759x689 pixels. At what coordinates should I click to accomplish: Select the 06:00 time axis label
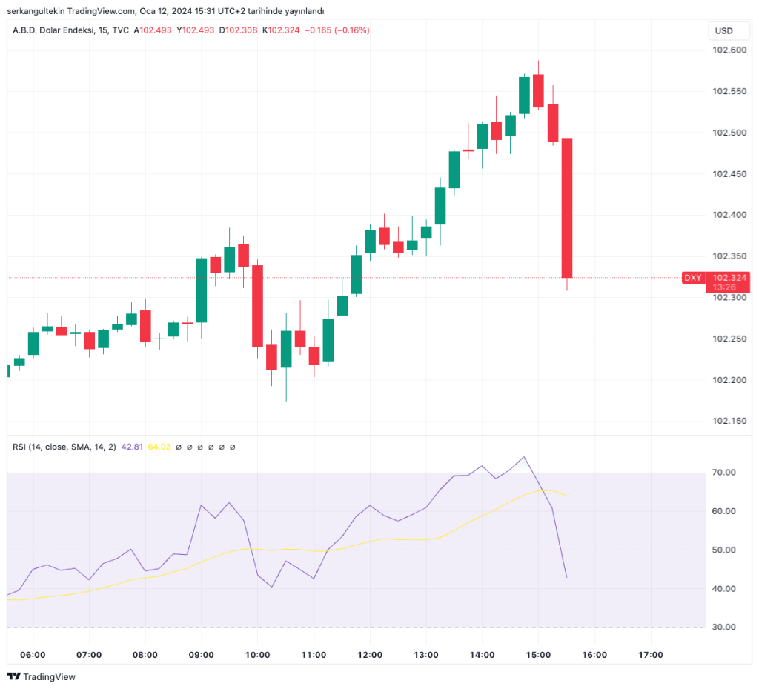[x=33, y=655]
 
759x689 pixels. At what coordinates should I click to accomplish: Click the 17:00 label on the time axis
[x=650, y=655]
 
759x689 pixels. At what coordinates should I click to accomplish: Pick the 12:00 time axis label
[x=370, y=655]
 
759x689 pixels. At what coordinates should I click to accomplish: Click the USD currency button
[x=723, y=30]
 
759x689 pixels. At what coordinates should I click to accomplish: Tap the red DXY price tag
[x=692, y=278]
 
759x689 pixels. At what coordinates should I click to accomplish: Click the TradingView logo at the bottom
[x=42, y=676]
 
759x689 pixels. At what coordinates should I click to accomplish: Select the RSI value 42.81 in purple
[x=132, y=447]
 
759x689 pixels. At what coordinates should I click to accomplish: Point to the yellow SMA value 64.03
[x=159, y=447]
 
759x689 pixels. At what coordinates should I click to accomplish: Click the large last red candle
[x=567, y=207]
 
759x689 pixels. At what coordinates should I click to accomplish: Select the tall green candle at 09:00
[x=201, y=290]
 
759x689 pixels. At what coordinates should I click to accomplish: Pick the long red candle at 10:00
[x=258, y=306]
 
